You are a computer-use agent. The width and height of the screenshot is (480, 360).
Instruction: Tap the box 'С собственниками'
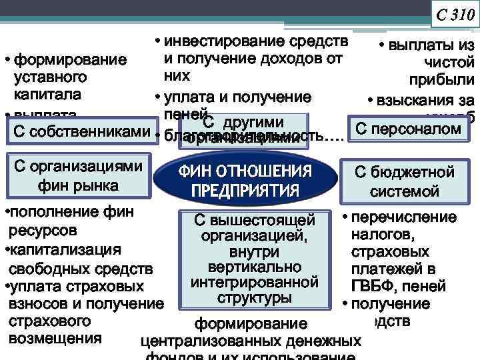[78, 131]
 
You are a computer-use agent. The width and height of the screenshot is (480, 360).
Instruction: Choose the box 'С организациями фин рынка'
[77, 175]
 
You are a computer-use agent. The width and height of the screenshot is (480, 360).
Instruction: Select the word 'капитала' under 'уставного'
[46, 92]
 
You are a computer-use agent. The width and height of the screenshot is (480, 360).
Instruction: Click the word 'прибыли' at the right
[449, 80]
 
